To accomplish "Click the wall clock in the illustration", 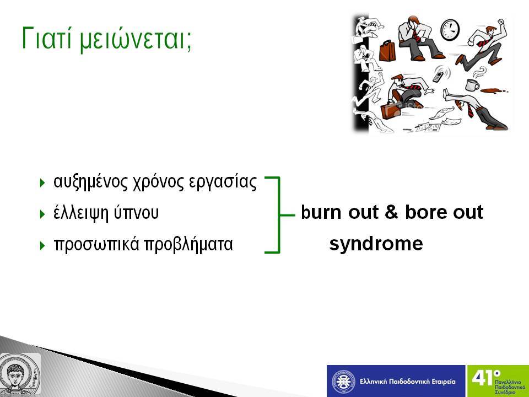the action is [450, 30].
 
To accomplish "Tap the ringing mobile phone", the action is [438, 74].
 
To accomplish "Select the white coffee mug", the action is [472, 85].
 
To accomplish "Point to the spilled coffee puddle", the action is [493, 90].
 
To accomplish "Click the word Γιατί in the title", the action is [47, 38].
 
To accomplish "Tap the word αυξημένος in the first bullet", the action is [90, 183].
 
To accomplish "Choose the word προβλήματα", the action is [188, 244].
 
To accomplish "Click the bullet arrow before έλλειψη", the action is [42, 214].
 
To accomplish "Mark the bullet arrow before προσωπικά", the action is [42, 245].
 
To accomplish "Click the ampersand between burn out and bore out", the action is [391, 212].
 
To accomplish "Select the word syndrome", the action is [376, 244].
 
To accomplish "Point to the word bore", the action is [427, 212].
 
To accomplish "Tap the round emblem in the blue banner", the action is [343, 382].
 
